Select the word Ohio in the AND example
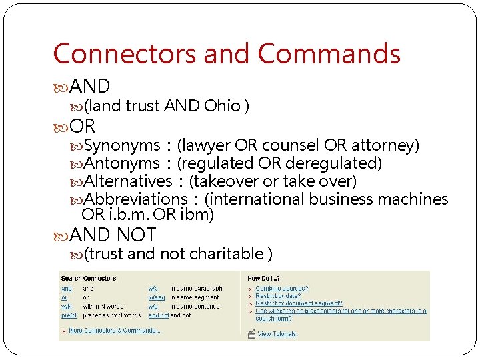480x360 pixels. pos(222,105)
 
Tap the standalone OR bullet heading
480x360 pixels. pos(83,126)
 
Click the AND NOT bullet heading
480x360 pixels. pos(112,235)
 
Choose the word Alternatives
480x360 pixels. pos(128,181)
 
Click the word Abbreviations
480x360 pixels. pos(136,199)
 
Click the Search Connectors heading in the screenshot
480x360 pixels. pos(88,278)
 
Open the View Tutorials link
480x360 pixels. pos(277,334)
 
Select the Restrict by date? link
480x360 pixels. pos(278,295)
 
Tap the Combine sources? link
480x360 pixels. pos(281,288)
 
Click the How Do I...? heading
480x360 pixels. pos(263,278)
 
